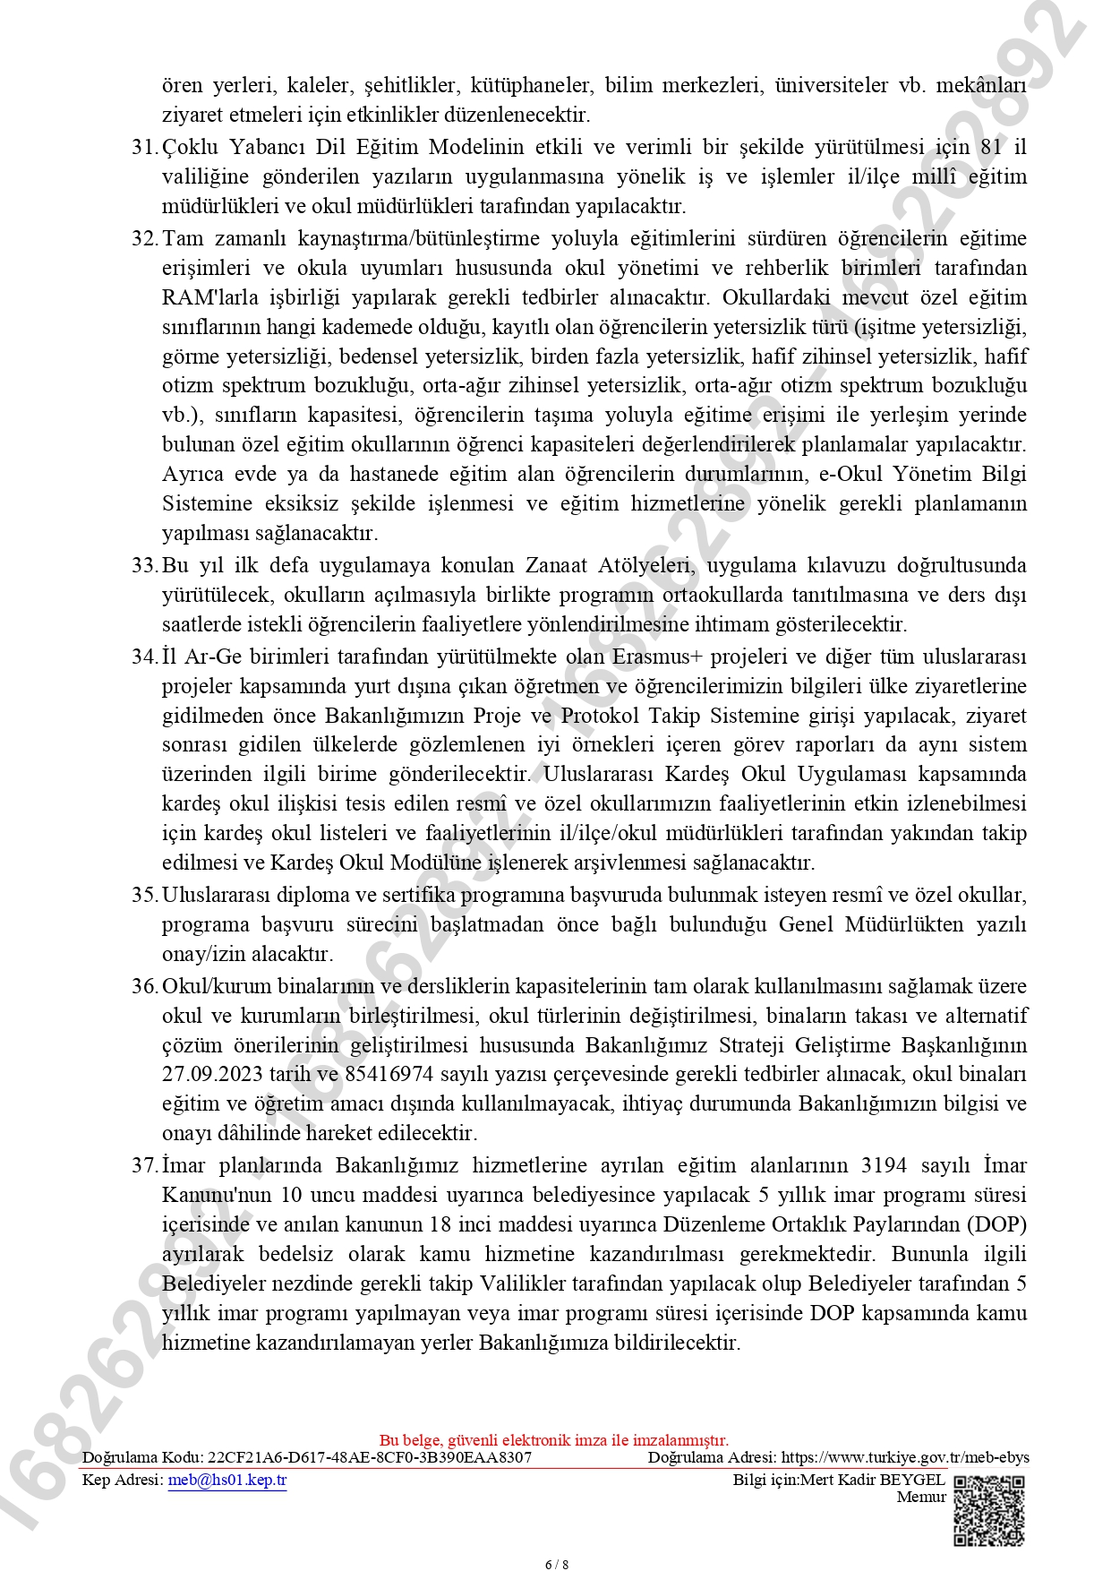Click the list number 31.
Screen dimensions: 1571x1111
pyautogui.click(x=144, y=147)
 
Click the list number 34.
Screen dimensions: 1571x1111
pyautogui.click(x=144, y=657)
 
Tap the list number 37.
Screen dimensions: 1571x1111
pyautogui.click(x=144, y=1165)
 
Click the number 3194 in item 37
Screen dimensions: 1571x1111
pyautogui.click(x=884, y=1165)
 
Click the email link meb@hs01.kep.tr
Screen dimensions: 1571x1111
pyautogui.click(x=227, y=1480)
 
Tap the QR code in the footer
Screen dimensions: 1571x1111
pyautogui.click(x=988, y=1511)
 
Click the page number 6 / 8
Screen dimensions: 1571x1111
pyautogui.click(x=556, y=1564)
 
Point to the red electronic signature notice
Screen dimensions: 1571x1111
pyautogui.click(x=554, y=1440)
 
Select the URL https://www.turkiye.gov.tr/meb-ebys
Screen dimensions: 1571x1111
pyautogui.click(x=905, y=1457)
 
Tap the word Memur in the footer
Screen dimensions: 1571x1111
pyautogui.click(x=921, y=1497)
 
